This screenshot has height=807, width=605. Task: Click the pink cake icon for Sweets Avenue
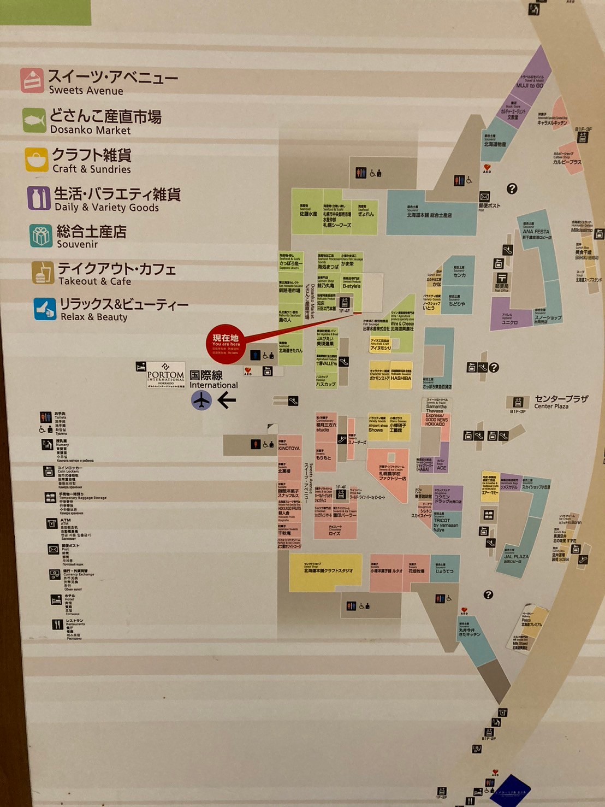point(32,80)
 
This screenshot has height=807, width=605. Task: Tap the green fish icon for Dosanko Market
point(34,120)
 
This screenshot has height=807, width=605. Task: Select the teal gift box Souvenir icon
point(41,235)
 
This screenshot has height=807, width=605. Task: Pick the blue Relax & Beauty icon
point(45,309)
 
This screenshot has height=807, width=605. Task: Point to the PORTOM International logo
point(165,375)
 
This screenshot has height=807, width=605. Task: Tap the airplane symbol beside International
point(201,400)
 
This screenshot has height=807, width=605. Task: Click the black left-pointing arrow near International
point(227,400)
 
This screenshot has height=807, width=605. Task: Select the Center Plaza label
point(554,402)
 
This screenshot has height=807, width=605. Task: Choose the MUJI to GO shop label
point(530,85)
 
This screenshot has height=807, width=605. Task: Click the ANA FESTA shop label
point(536,232)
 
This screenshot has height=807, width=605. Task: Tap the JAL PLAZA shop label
point(516,557)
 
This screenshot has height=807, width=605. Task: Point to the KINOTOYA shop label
point(289,448)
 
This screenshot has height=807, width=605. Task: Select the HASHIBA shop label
point(401,378)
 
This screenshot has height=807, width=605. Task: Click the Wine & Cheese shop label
point(402,324)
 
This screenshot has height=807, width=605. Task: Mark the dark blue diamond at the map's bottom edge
point(510,791)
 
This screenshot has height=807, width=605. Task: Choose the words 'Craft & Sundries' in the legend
point(92,169)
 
